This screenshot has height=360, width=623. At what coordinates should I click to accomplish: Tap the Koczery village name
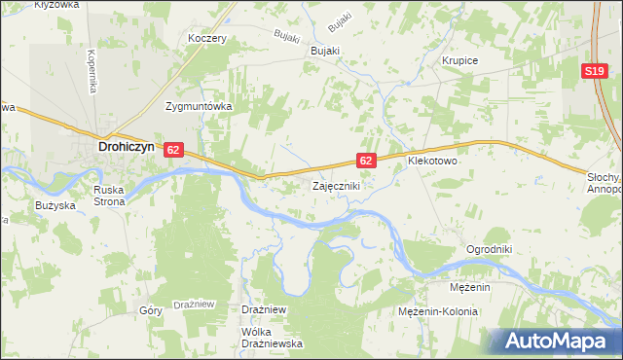pyautogui.click(x=207, y=39)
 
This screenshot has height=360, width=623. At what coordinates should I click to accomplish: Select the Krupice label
pyautogui.click(x=459, y=60)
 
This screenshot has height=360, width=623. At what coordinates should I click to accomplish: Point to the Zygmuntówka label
pyautogui.click(x=198, y=107)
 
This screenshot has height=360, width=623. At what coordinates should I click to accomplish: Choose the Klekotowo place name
pyautogui.click(x=432, y=160)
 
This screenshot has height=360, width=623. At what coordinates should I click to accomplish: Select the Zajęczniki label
pyautogui.click(x=337, y=185)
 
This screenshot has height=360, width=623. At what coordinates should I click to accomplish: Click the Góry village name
pyautogui.click(x=150, y=311)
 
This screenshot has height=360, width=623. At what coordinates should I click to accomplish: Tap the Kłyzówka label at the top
pyautogui.click(x=55, y=5)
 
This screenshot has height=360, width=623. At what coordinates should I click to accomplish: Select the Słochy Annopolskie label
pyautogui.click(x=605, y=182)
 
